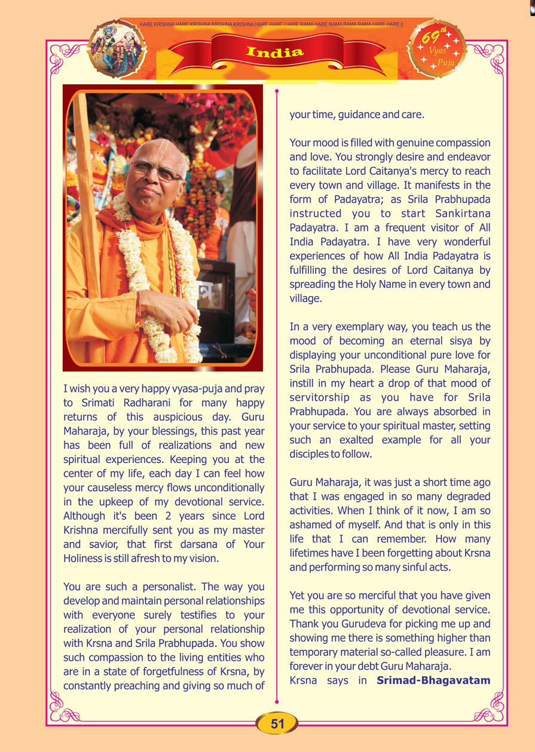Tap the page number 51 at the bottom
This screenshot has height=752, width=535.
click(x=277, y=724)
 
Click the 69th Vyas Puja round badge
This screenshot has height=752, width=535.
click(x=436, y=49)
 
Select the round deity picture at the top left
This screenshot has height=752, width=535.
click(x=117, y=49)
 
